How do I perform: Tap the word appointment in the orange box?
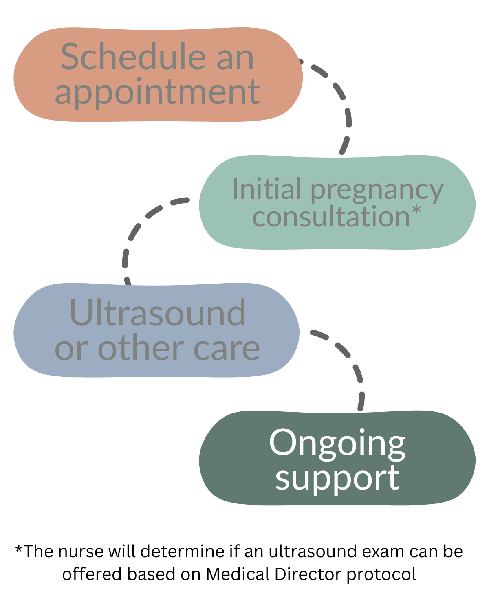(x=157, y=92)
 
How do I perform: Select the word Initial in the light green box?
(x=267, y=189)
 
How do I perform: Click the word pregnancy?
(x=377, y=191)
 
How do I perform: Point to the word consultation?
(x=331, y=216)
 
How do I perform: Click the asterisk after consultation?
(x=416, y=211)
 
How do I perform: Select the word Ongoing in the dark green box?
(x=337, y=443)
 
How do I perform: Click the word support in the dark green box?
(x=337, y=478)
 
